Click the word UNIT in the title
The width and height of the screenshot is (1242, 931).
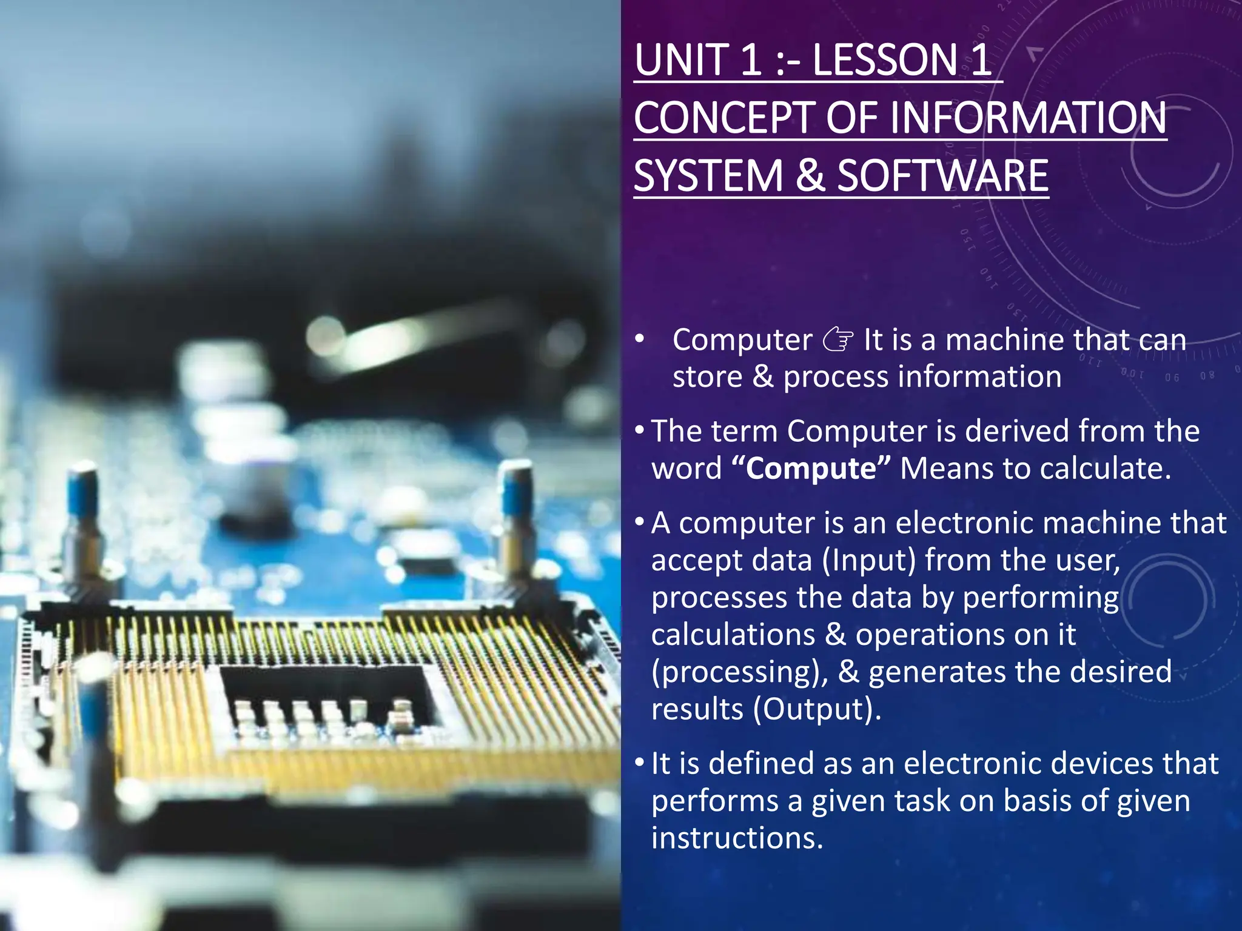[680, 60]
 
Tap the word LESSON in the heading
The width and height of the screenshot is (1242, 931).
[883, 60]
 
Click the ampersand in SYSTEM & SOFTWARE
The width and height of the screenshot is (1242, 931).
[810, 176]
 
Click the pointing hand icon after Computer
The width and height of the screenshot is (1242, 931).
[838, 340]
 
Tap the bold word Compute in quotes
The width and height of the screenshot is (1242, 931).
[811, 469]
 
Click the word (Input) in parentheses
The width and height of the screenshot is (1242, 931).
[868, 560]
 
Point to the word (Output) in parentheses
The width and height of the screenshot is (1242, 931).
[817, 709]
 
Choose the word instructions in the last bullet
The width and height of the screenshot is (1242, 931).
[737, 838]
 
